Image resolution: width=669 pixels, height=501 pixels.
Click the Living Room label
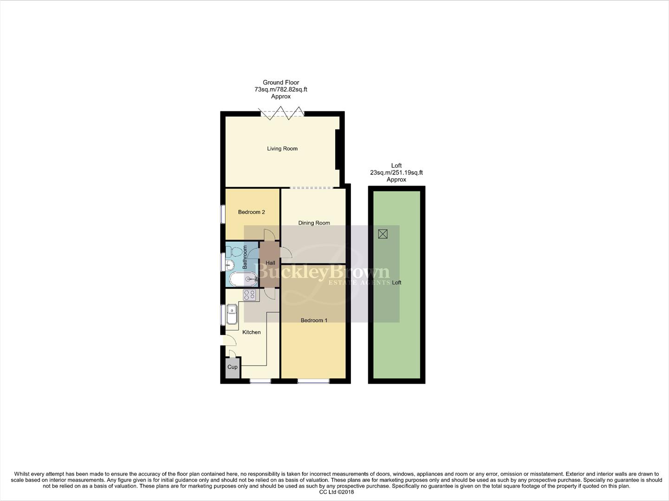(x=282, y=148)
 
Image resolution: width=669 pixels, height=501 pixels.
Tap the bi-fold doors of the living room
(x=281, y=113)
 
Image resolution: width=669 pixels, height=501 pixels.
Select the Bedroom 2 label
(x=251, y=212)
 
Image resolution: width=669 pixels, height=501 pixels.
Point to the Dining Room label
(x=314, y=223)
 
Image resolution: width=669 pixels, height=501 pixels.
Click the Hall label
(x=270, y=263)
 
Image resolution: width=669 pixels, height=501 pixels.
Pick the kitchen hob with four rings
(x=249, y=295)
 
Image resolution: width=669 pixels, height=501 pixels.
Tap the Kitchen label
(x=251, y=332)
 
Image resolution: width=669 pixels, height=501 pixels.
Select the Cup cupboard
(x=232, y=367)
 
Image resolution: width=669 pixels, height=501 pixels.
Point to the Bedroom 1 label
(x=314, y=320)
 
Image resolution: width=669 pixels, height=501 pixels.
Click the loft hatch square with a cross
(x=383, y=234)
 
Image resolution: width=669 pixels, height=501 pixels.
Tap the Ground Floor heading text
(x=281, y=83)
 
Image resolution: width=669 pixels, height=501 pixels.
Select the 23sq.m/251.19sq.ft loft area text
(x=396, y=173)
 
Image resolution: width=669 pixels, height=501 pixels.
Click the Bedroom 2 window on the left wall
(x=223, y=214)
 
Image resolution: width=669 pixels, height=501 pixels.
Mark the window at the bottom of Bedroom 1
(x=313, y=381)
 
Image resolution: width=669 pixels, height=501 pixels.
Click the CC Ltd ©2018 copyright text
(x=336, y=492)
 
